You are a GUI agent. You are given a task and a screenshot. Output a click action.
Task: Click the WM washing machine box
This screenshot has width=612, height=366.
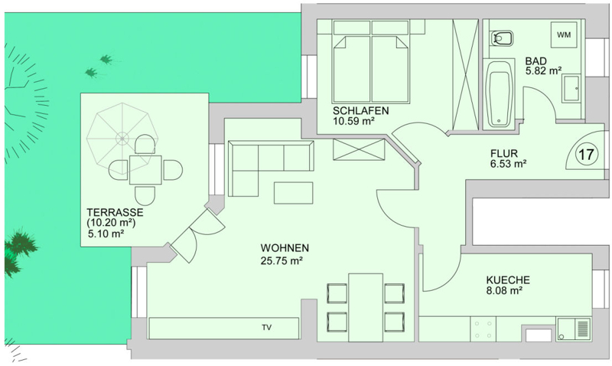[x=564, y=34]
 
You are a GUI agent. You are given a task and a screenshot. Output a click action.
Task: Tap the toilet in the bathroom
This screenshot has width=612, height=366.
[x=502, y=38]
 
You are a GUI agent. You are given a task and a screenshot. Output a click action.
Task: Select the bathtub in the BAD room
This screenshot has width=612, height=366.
[x=500, y=94]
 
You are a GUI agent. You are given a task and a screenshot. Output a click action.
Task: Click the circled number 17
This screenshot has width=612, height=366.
[x=586, y=155]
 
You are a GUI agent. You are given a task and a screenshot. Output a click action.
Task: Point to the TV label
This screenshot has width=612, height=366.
[x=266, y=327]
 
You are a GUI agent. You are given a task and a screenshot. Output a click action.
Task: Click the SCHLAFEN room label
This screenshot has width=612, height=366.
[x=360, y=110]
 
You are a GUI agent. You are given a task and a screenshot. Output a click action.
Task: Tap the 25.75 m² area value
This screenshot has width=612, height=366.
[x=282, y=260]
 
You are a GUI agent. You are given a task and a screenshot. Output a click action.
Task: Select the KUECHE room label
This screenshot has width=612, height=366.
[x=508, y=280]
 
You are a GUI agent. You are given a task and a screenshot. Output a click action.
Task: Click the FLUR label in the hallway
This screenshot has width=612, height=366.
[x=504, y=153]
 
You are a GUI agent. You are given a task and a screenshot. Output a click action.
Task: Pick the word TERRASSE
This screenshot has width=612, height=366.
[x=115, y=213]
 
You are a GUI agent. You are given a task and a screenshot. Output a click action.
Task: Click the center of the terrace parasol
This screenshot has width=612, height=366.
[x=122, y=138]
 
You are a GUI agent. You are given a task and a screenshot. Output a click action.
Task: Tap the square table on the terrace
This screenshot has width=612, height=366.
[x=145, y=170]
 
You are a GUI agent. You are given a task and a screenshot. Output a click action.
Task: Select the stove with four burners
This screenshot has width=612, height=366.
[x=483, y=329]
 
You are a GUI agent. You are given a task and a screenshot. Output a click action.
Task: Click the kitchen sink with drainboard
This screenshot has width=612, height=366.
[x=573, y=329]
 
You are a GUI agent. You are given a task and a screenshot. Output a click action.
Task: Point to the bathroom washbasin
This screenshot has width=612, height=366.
[x=571, y=89]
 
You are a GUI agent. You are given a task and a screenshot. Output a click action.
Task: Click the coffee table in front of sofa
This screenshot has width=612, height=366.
[x=293, y=193]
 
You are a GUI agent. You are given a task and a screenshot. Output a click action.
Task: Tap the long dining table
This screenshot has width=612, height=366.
[x=366, y=307]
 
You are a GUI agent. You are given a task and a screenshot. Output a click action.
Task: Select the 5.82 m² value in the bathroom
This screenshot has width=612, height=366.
[x=543, y=71]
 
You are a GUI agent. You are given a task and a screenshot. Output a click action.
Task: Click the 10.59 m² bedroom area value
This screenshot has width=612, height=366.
[x=353, y=121]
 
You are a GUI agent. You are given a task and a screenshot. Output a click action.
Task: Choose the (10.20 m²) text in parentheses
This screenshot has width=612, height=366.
[x=111, y=223]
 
